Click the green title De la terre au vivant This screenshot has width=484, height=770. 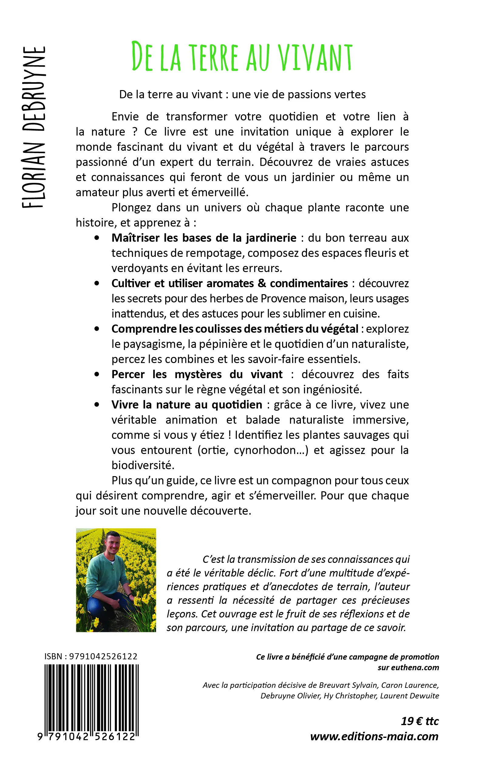tap(242, 57)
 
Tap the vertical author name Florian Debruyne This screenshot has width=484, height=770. tap(34, 127)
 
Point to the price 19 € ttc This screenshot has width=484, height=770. tap(419, 721)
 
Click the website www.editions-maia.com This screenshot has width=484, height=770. tap(374, 736)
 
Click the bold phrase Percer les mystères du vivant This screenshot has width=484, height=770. tap(197, 374)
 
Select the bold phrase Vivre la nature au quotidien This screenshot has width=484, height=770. tap(187, 405)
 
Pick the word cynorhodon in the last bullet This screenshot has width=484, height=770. tap(269, 450)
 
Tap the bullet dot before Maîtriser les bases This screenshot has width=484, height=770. tap(97, 238)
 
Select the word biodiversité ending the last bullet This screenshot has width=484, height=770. tap(143, 466)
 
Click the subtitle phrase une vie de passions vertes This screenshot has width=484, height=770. tap(299, 95)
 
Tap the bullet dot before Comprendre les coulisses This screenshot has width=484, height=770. tap(97, 329)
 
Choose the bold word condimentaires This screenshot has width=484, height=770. tap(308, 284)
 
